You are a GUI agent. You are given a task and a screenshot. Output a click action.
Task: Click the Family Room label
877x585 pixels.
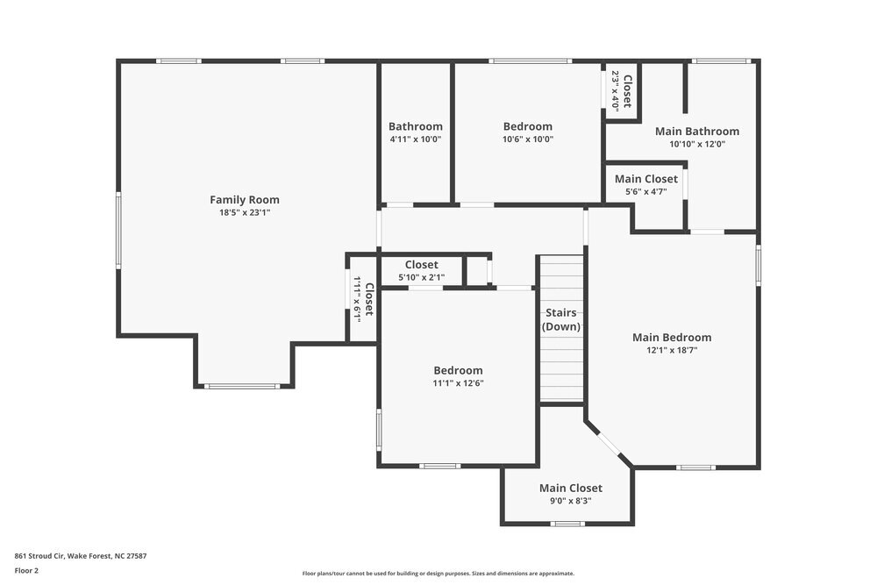click(x=244, y=199)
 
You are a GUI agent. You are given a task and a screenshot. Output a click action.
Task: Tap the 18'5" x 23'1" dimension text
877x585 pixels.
click(x=244, y=212)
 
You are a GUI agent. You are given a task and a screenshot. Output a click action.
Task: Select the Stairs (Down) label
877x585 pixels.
click(x=561, y=319)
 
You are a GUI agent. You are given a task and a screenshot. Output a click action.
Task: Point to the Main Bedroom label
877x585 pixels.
click(x=672, y=337)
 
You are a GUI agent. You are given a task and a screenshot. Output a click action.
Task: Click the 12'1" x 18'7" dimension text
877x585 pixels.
click(x=672, y=350)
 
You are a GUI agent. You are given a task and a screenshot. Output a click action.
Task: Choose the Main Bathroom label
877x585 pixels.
click(x=697, y=131)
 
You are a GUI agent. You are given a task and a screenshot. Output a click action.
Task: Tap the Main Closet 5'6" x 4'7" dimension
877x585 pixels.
click(x=645, y=191)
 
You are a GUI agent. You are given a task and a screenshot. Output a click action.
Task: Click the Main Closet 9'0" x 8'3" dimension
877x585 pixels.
click(x=570, y=501)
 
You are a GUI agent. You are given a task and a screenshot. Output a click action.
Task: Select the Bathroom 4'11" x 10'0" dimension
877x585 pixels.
click(x=416, y=139)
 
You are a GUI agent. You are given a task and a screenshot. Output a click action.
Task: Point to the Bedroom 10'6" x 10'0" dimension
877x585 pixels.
click(x=527, y=139)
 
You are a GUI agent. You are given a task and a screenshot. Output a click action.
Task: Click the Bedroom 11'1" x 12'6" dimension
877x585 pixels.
click(x=458, y=382)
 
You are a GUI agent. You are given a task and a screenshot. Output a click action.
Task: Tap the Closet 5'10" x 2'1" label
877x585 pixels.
click(x=422, y=265)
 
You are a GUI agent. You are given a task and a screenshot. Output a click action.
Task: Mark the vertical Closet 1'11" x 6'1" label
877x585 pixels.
click(x=368, y=300)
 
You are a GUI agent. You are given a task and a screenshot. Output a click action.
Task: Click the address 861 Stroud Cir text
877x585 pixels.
click(x=80, y=555)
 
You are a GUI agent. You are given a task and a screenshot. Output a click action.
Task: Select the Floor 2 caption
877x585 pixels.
click(x=26, y=570)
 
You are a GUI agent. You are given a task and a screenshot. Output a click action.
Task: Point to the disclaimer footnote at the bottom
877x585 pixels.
click(x=438, y=573)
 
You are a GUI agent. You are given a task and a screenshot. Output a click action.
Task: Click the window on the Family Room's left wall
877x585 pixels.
click(x=118, y=231)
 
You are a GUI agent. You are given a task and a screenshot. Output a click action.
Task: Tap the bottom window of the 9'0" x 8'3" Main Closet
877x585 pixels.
click(x=567, y=524)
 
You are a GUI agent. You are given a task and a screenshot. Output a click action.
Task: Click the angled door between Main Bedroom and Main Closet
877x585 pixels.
click(x=609, y=444)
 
